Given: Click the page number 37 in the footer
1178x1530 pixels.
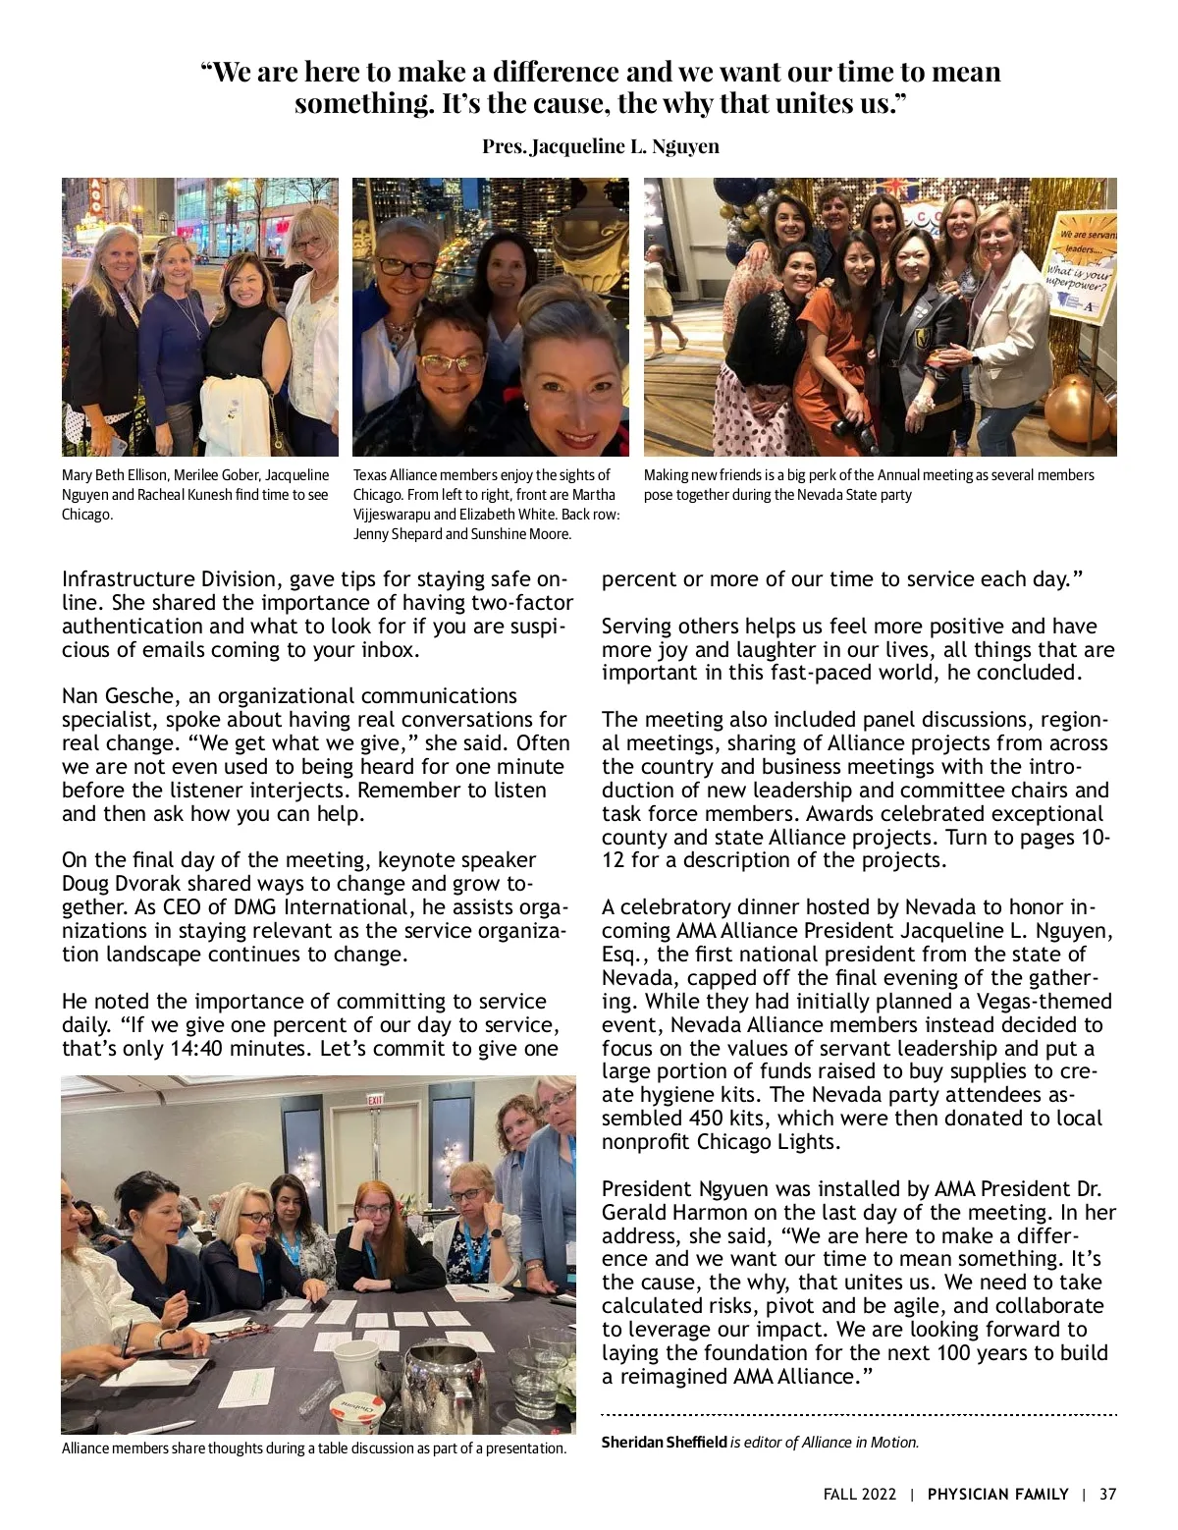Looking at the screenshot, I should click(1107, 1494).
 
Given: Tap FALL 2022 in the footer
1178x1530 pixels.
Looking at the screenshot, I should click(860, 1494).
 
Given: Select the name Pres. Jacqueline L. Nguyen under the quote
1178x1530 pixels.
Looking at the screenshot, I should click(601, 146).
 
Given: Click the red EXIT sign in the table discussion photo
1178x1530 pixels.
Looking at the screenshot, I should click(374, 1102).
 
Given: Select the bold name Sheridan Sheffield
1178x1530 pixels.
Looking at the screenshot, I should click(665, 1442).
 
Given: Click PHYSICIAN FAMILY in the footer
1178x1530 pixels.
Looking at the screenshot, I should click(997, 1494).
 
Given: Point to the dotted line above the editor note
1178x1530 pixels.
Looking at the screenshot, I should click(859, 1415).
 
